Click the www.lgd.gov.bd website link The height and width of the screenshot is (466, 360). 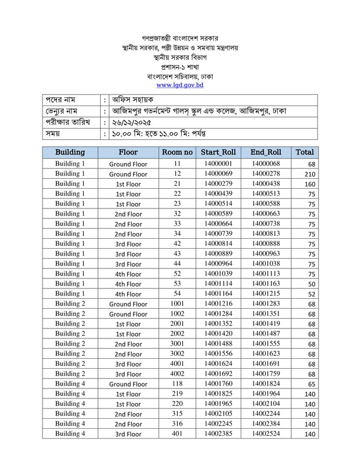(179, 85)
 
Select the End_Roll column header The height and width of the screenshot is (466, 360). (266, 152)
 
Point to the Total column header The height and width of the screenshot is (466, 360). (305, 152)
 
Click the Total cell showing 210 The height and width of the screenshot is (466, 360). (309, 174)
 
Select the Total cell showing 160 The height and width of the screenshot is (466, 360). (309, 184)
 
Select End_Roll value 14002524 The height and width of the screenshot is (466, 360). (266, 434)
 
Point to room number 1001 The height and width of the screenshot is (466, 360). (177, 304)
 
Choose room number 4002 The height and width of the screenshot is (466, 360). (177, 374)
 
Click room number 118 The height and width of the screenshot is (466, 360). (177, 384)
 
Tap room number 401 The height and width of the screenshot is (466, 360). (177, 434)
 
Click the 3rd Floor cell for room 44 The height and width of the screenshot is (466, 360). (128, 264)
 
